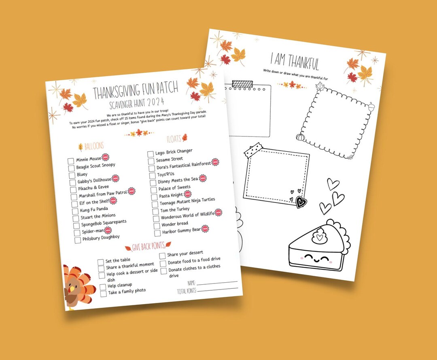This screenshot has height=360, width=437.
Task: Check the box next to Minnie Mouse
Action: click(71, 161)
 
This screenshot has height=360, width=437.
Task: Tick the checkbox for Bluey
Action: click(72, 175)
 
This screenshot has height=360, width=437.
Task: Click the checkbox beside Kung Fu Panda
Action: click(74, 211)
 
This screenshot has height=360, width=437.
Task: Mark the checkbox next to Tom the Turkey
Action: click(155, 211)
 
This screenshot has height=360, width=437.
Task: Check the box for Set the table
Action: click(101, 262)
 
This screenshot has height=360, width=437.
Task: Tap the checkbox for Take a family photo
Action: click(103, 294)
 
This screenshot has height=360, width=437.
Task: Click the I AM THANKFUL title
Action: click(295, 62)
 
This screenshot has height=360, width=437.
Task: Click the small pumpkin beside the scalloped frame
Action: click(299, 137)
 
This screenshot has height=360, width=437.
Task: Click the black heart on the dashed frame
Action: click(300, 202)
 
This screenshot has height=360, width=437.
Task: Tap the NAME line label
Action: click(191, 282)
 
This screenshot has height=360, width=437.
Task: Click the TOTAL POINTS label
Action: click(186, 291)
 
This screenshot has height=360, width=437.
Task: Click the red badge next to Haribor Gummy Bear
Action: click(205, 228)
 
